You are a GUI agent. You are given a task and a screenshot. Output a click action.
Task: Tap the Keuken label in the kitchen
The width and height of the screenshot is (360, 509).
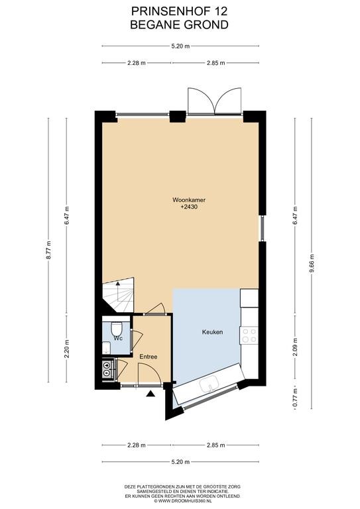(x=212, y=332)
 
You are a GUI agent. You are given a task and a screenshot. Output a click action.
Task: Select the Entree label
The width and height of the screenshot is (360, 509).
(x=149, y=357)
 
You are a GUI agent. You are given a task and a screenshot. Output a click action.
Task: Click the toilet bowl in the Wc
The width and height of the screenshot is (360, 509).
(x=115, y=329)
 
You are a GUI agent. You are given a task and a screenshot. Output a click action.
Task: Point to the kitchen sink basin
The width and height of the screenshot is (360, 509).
(x=210, y=384)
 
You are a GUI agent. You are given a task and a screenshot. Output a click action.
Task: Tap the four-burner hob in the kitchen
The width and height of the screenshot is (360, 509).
(x=249, y=335)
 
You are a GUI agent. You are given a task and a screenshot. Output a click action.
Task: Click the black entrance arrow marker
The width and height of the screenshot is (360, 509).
(x=150, y=394)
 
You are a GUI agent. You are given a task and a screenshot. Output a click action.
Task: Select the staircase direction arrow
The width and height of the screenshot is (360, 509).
(x=117, y=286)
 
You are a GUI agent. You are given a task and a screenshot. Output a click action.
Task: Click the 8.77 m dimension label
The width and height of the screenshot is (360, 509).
(x=48, y=250)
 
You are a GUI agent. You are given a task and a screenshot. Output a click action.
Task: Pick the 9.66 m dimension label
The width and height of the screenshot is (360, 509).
(x=312, y=264)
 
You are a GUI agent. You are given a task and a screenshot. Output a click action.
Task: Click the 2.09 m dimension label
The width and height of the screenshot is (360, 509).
(x=295, y=347)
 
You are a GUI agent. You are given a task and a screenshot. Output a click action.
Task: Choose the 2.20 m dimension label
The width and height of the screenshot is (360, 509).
(x=66, y=349)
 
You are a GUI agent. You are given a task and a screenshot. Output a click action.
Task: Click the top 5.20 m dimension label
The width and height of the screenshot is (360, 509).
(x=180, y=46)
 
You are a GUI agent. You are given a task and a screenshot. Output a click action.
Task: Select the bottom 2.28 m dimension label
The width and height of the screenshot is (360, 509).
(x=137, y=445)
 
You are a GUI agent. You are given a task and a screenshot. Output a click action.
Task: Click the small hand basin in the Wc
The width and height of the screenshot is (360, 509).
(x=106, y=348)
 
